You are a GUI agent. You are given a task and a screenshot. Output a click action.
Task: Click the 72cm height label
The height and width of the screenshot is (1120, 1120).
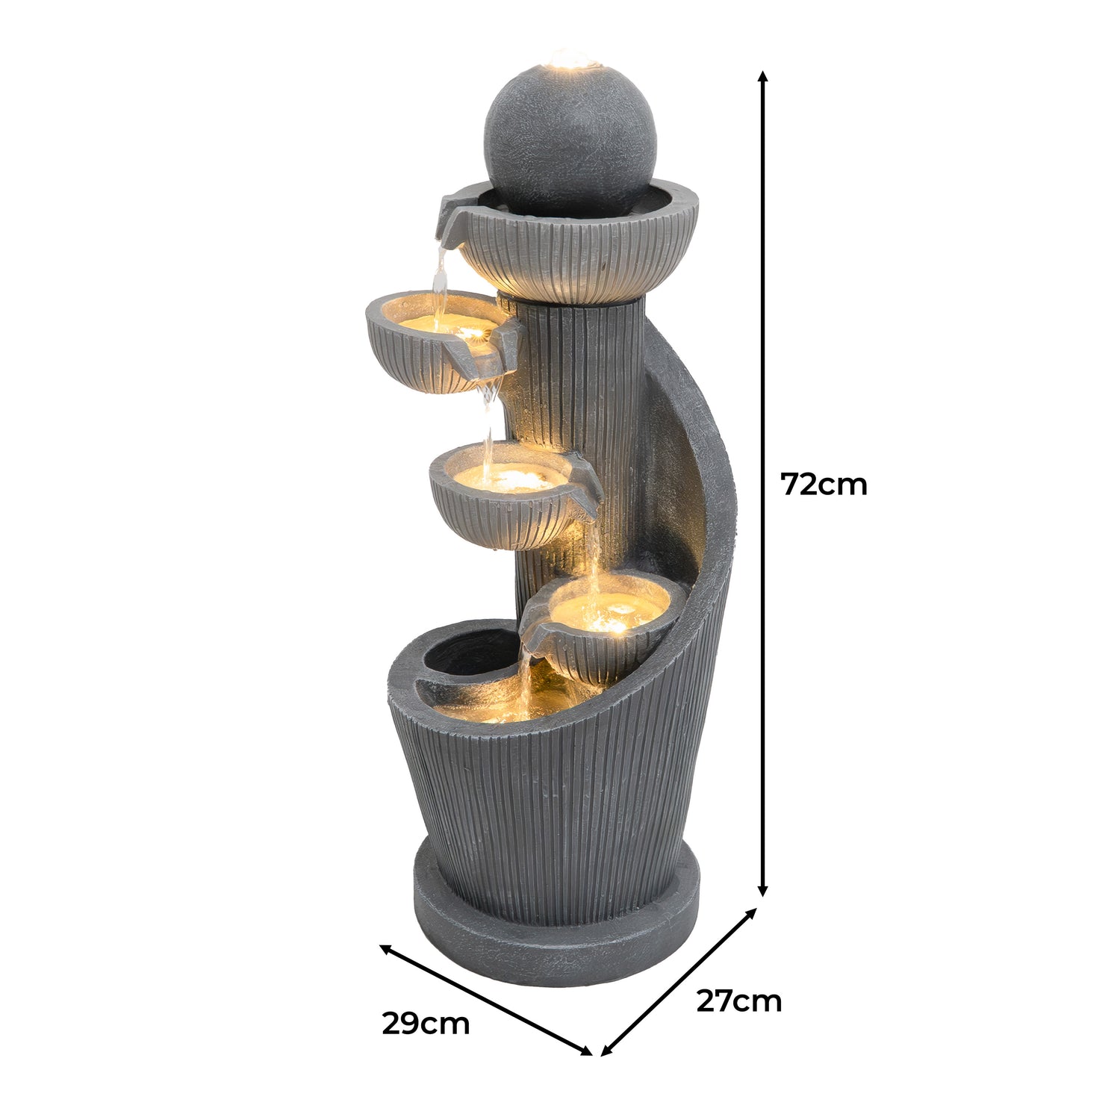824,485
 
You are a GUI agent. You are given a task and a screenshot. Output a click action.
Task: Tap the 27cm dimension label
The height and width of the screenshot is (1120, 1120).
738,1001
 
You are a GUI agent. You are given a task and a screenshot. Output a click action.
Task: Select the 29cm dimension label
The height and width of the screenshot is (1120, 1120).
426,1024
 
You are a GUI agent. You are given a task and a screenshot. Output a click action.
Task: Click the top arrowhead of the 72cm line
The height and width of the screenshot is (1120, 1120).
762,76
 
